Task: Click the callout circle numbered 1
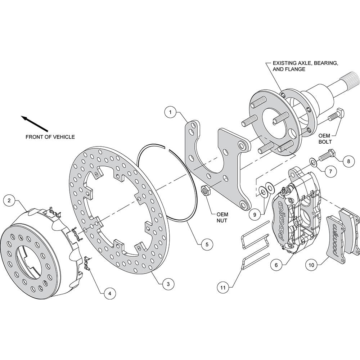coord(170,112)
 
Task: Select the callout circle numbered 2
coord(9,201)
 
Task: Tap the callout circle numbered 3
coord(168,284)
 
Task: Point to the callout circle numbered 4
coord(110,293)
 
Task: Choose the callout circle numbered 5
coord(207,244)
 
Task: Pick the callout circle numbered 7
coord(330,171)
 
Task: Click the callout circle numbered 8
coord(348,161)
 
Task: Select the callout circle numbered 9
coord(255,215)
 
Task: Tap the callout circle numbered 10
coord(311,265)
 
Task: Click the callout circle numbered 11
coord(223,287)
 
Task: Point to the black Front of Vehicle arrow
coord(35,123)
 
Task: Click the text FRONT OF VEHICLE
coord(50,137)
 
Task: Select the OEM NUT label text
coord(222,217)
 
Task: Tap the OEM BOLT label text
coord(325,139)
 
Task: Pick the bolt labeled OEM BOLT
coord(336,115)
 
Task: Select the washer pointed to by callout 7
coord(313,162)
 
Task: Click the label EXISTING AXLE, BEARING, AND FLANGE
coord(305,66)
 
